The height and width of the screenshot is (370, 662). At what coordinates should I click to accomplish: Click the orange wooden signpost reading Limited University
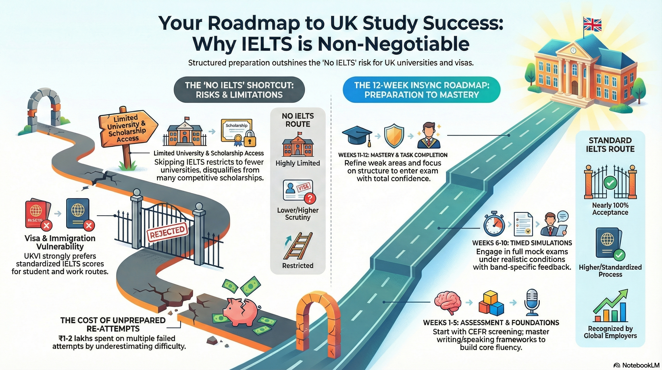click(127, 128)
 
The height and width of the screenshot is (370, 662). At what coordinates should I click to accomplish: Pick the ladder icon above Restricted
click(298, 246)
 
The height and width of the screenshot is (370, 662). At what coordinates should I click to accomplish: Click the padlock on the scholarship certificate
click(249, 139)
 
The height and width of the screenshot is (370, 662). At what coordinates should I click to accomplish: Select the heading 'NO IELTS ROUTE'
click(298, 120)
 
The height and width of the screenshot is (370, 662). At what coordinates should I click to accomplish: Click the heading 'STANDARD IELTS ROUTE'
click(610, 145)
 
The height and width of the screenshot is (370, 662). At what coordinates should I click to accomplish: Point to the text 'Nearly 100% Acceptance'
click(610, 209)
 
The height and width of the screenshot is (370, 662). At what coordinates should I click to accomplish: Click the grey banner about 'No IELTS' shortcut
click(239, 90)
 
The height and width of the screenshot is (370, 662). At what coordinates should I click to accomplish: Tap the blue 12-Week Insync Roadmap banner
click(421, 90)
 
